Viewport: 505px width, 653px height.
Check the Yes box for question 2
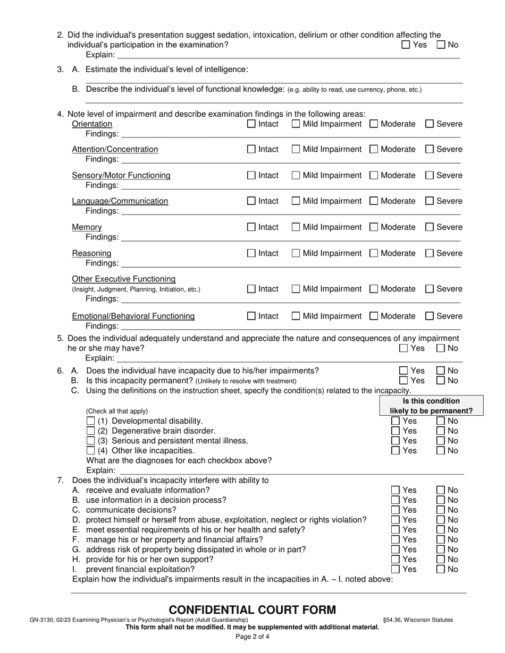coord(406,45)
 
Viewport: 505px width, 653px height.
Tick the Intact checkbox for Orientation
coord(251,124)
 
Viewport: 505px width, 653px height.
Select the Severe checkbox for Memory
coord(430,227)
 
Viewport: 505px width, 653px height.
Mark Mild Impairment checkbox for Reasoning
coord(296,253)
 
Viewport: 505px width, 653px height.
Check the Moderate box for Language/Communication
coord(374,201)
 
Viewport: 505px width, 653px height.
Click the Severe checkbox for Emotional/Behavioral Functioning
coord(430,316)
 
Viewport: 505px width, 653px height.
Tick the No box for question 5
coord(441,349)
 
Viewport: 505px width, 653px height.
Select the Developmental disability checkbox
coord(90,421)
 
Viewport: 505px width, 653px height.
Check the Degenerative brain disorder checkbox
coord(90,431)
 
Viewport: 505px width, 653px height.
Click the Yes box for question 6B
coord(404,381)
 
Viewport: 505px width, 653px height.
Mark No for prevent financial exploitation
coord(441,570)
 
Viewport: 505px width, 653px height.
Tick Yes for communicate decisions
coord(395,510)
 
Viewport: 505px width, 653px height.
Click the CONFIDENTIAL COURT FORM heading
coord(252,610)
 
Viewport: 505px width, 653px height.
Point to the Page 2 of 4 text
coord(252,637)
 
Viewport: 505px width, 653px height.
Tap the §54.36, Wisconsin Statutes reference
coord(418,620)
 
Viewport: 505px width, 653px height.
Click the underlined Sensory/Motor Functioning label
coord(121,175)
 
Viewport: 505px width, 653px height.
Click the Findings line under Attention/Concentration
coord(290,160)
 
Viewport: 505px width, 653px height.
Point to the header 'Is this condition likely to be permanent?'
coord(431,406)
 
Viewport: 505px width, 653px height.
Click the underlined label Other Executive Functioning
coord(124,279)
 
